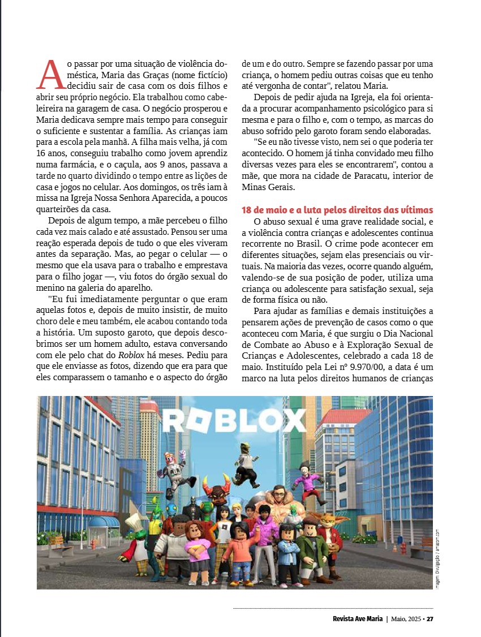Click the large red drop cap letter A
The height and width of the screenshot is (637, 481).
pos(51,74)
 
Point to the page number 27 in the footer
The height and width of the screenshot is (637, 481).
pos(430,618)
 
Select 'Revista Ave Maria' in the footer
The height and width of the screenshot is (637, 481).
pos(358,618)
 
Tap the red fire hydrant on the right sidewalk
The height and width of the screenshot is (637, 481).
pos(403,548)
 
